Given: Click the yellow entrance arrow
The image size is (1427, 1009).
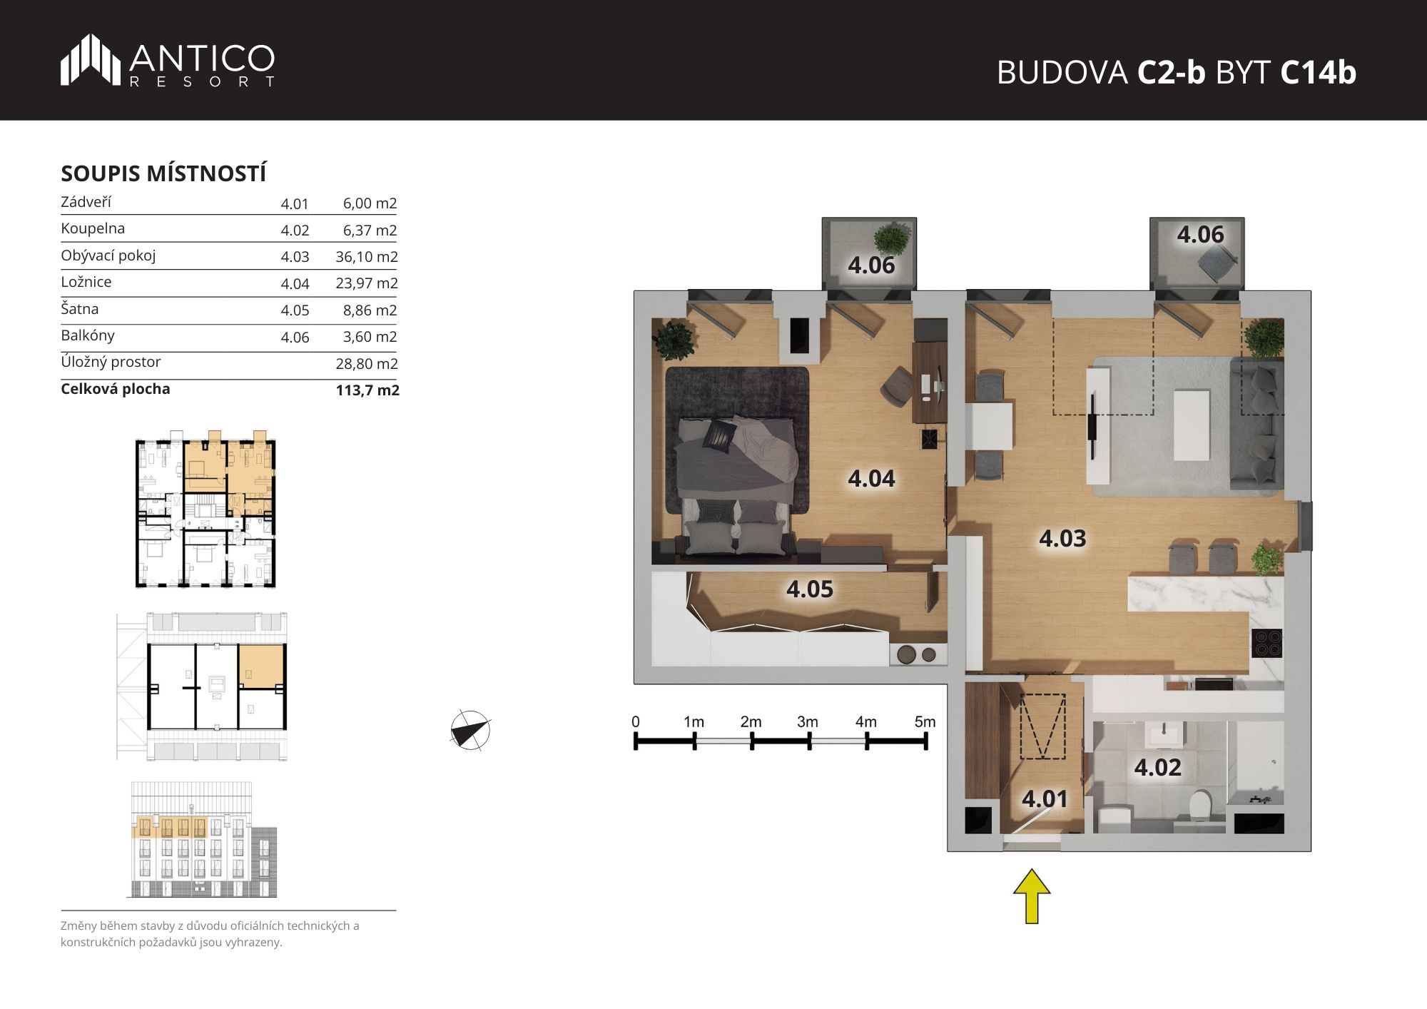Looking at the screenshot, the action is coord(1032,896).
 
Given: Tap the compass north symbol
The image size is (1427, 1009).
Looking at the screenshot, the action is coord(470,731).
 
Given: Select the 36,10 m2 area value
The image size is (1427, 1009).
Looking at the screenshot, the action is coord(366,257).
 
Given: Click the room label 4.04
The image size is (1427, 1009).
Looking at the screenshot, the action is coord(871,478).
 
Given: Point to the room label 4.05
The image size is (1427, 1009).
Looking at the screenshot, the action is coord(810,589).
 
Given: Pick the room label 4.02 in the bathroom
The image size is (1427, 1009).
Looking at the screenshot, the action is coord(1157,767).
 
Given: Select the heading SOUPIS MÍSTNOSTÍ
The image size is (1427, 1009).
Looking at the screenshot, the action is coord(163,173).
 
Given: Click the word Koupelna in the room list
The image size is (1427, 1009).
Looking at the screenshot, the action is coord(93,228).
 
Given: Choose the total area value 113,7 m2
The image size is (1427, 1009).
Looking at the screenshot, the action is coord(367,390).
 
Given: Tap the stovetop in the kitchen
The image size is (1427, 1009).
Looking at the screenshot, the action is coord(1267,642).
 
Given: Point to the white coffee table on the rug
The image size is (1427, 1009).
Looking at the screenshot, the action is coord(1192,425).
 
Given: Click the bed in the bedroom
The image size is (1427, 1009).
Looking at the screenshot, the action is coord(736,485).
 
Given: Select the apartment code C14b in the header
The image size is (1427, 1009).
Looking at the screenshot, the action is coord(1318,72).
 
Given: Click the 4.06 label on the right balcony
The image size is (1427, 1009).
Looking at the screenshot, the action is coord(1200,234).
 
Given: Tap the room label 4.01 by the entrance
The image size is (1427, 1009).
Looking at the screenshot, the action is coord(1045,798).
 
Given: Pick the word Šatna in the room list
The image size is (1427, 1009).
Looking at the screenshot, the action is coord(80,308).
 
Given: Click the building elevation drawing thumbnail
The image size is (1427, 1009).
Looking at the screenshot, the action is coord(204,840).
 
